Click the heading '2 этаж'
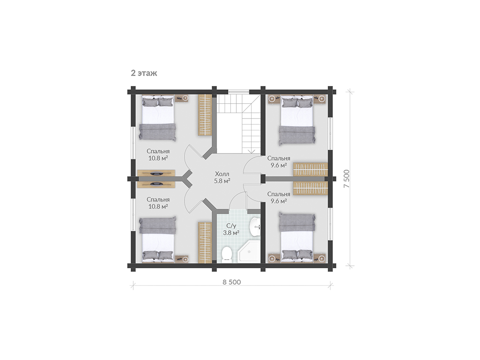click(x=144, y=73)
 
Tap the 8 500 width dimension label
click(x=232, y=282)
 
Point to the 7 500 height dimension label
click(x=346, y=179)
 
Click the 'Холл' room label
click(x=222, y=174)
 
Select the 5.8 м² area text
click(x=222, y=181)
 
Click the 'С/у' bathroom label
click(x=231, y=226)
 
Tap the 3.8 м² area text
click(x=231, y=233)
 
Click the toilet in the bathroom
click(x=227, y=254)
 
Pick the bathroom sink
click(x=255, y=227)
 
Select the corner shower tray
click(x=249, y=252)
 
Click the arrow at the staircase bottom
click(x=251, y=151)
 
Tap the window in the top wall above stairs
click(x=239, y=91)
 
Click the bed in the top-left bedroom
click(x=158, y=118)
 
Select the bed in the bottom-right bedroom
click(x=297, y=238)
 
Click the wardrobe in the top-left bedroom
click(x=205, y=115)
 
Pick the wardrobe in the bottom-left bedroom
click(x=205, y=243)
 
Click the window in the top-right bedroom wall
click(x=330, y=133)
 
